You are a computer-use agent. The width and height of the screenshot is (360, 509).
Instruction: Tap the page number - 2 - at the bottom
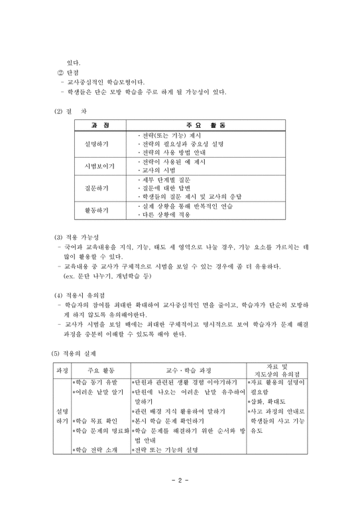(x=180, y=480)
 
